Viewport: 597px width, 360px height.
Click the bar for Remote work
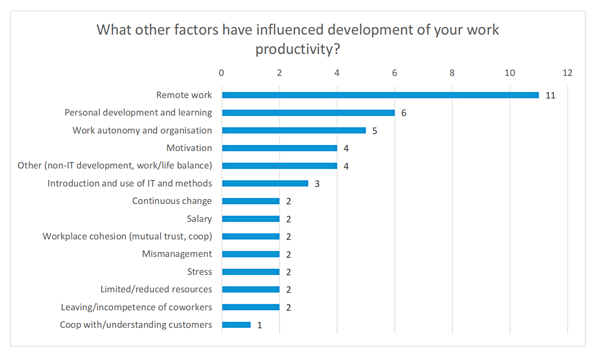coord(380,95)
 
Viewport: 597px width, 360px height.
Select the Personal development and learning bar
coord(308,113)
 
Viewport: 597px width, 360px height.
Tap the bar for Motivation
coord(279,148)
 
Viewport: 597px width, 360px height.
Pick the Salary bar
coord(251,219)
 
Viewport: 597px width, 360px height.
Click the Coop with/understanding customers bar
coord(236,325)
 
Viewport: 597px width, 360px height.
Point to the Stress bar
coord(251,272)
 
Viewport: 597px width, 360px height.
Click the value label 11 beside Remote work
coord(550,96)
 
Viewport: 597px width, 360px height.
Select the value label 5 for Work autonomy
coord(375,131)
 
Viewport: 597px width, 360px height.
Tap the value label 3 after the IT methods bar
coord(317,184)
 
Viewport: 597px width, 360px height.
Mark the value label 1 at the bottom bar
coord(260,325)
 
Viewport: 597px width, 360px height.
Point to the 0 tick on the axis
coord(222,73)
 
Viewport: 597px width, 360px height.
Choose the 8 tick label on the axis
coord(452,73)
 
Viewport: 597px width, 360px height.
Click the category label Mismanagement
coord(177,254)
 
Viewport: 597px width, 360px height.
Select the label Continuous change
coord(172,201)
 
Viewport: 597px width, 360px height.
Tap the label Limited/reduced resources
coord(156,290)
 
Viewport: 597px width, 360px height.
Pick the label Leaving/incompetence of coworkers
coord(136,307)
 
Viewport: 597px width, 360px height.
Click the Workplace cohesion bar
coord(251,237)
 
